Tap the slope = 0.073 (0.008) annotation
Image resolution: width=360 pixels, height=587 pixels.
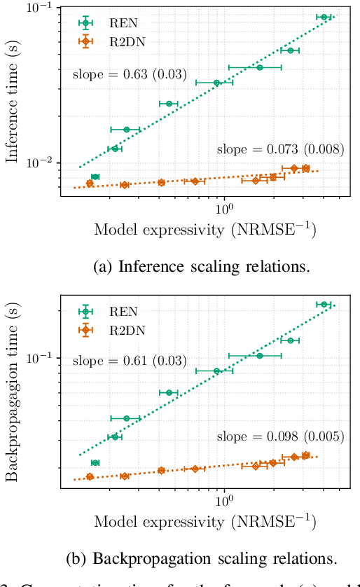pos(279,149)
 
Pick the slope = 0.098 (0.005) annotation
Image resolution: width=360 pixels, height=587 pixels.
pos(279,436)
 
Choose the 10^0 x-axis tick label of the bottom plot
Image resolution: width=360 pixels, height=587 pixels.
pos(223,502)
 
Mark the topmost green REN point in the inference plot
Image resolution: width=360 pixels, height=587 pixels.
pos(324,17)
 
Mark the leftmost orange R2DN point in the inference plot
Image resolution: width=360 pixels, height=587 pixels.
pos(90,184)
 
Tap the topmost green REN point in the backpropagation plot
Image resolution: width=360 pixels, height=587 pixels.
pos(324,305)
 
